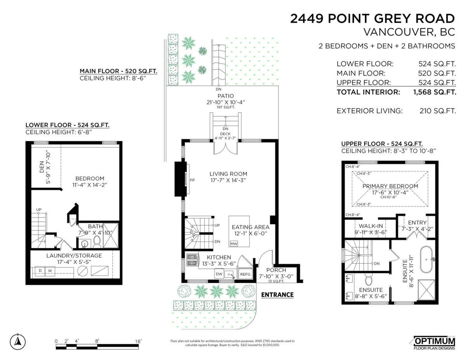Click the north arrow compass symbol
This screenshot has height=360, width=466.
pyautogui.click(x=18, y=342)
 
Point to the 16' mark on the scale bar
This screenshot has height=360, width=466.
pyautogui.click(x=138, y=341)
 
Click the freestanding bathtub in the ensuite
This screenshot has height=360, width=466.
pyautogui.click(x=426, y=259)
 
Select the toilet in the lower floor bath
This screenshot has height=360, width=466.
pyautogui.click(x=97, y=242)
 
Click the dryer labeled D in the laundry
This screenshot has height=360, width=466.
pyautogui.click(x=40, y=271)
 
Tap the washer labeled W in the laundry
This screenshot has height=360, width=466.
pyautogui.click(x=50, y=271)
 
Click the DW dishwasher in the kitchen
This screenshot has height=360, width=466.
pyautogui.click(x=219, y=274)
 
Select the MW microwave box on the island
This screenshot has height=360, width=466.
pyautogui.click(x=234, y=244)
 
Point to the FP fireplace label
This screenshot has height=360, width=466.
pyautogui.click(x=192, y=180)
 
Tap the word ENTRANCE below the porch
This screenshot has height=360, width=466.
pyautogui.click(x=277, y=295)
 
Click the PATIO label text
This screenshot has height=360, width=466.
pyautogui.click(x=226, y=96)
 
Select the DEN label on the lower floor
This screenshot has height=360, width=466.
pyautogui.click(x=42, y=167)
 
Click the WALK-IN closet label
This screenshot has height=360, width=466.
pyautogui.click(x=371, y=226)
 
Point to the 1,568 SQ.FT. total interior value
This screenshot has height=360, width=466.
pyautogui.click(x=435, y=92)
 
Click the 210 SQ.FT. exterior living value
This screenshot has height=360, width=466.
pyautogui.click(x=438, y=111)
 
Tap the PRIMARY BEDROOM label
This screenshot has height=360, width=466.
pyautogui.click(x=390, y=186)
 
